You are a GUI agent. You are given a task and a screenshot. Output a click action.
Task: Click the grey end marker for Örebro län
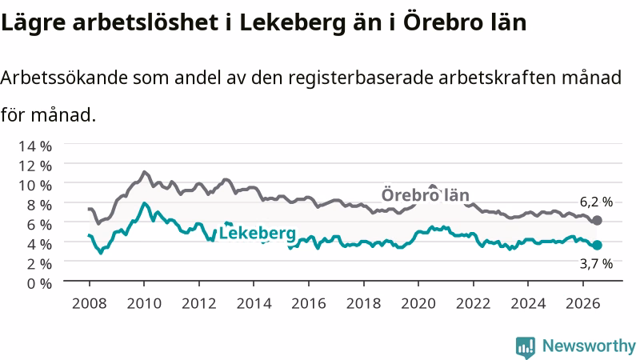click(597, 221)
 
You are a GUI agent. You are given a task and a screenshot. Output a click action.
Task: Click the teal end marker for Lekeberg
click(597, 246)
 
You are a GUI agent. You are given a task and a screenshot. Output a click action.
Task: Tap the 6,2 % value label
click(596, 202)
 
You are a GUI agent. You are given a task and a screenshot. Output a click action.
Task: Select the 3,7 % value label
click(596, 264)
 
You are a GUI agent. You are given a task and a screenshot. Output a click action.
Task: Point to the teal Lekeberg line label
click(258, 233)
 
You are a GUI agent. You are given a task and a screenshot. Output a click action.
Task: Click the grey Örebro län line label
click(426, 194)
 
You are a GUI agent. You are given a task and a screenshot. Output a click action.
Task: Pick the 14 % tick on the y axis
click(35, 146)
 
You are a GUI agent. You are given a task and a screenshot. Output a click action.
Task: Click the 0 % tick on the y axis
click(39, 283)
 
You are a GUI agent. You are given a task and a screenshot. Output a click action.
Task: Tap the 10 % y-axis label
click(35, 186)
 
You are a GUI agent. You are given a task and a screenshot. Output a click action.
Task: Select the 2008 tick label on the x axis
click(90, 303)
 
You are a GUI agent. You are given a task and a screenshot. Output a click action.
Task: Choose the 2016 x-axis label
click(309, 303)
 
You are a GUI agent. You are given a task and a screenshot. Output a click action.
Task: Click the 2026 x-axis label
click(583, 303)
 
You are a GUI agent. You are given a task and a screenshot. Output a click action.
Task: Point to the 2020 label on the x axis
click(418, 303)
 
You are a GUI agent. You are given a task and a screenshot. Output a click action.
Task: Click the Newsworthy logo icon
click(526, 347)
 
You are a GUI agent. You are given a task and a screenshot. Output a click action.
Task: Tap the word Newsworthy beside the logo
click(589, 346)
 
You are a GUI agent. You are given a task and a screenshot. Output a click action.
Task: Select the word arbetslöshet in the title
click(146, 22)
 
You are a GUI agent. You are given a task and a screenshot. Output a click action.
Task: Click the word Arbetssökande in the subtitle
click(64, 77)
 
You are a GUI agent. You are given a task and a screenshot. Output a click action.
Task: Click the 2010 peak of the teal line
click(144, 203)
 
